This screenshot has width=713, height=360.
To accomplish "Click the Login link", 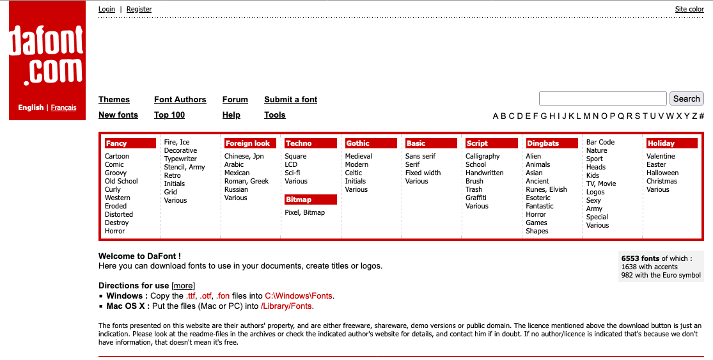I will [x=107, y=9].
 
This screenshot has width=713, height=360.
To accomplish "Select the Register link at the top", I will [x=139, y=9].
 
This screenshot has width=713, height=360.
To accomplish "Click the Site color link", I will [x=689, y=9].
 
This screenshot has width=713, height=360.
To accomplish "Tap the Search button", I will [x=686, y=98].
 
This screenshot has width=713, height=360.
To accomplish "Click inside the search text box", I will [x=602, y=98].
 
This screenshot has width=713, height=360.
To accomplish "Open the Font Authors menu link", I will [x=180, y=100].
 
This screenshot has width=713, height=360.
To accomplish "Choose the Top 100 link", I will [x=169, y=115].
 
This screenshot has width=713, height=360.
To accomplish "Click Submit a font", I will [x=290, y=100].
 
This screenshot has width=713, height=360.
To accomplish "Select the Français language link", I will [x=63, y=107].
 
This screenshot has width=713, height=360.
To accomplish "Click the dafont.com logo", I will [x=47, y=54].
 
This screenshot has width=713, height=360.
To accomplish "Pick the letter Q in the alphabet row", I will [x=620, y=116].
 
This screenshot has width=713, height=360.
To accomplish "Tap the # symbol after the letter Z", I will [x=701, y=116].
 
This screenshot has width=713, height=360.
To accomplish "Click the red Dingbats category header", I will [x=543, y=143].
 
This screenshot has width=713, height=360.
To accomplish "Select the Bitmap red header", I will [x=299, y=200].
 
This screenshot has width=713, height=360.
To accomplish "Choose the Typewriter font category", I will [x=180, y=159].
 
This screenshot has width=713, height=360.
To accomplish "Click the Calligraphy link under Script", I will [x=482, y=156].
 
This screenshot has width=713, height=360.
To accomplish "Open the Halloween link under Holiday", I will [x=662, y=173].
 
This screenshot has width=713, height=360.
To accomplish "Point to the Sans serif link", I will [x=420, y=156].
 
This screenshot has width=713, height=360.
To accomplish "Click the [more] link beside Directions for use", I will [x=183, y=285].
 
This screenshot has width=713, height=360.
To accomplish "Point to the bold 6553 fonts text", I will [x=640, y=258].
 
